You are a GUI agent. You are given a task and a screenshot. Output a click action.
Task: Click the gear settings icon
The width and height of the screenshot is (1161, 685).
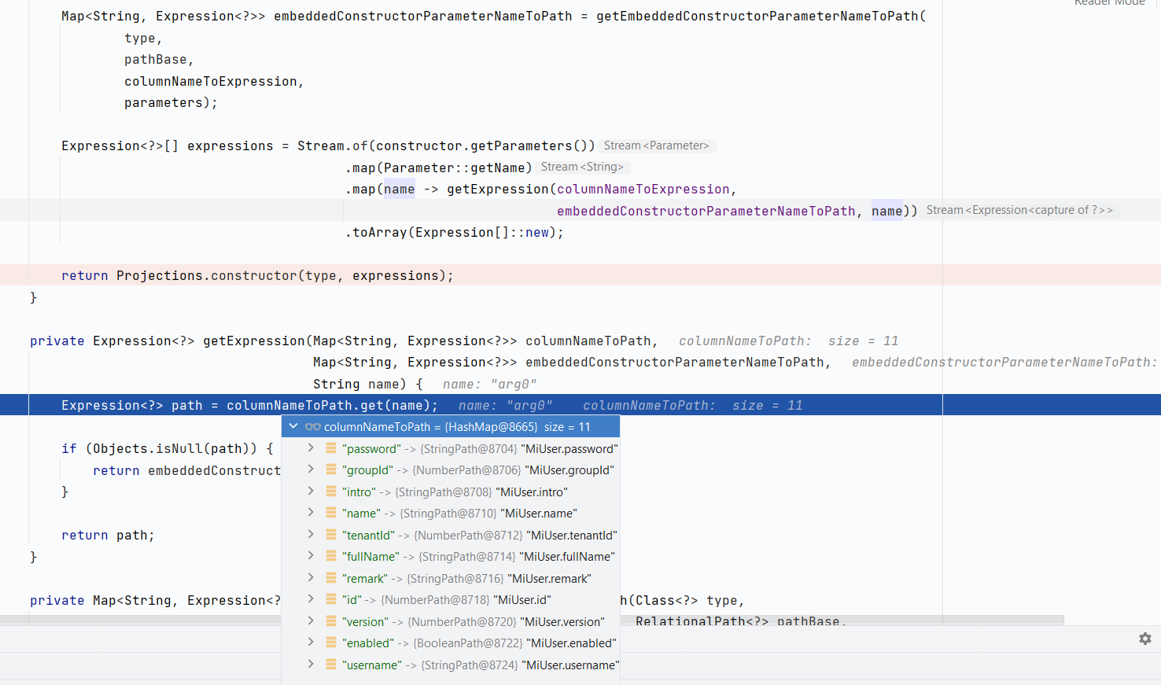point(1145,639)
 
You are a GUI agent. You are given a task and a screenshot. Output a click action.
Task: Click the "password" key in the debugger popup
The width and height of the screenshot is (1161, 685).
point(371,449)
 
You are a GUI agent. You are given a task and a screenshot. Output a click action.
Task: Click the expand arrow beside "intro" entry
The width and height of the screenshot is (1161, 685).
point(311,492)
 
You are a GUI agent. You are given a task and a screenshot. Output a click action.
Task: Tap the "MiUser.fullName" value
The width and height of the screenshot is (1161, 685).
point(567,557)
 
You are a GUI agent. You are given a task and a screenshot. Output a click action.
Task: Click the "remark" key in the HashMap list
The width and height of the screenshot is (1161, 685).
point(365,579)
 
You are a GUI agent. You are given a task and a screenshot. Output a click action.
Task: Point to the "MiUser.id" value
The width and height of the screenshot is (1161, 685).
point(522,600)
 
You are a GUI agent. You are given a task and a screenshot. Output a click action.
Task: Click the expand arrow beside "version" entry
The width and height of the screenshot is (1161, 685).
point(311,621)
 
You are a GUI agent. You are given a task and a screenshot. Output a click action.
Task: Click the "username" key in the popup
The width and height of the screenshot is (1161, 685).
point(372,665)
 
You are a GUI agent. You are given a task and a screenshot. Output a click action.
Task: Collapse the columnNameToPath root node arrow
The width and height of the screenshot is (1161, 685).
point(293,426)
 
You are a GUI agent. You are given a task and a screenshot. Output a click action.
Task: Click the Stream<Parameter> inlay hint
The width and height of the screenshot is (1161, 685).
point(656,145)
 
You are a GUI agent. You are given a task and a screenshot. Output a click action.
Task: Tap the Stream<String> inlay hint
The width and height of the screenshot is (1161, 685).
point(582,167)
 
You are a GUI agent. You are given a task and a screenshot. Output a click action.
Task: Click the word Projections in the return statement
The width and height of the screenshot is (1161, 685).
point(160,276)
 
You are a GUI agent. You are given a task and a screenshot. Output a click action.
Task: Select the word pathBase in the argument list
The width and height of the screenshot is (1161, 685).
point(156,60)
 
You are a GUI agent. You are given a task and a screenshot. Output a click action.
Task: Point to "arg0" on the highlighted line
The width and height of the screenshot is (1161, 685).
point(529,406)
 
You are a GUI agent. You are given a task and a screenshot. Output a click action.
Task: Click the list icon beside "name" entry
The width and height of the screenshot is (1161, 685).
point(331,513)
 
